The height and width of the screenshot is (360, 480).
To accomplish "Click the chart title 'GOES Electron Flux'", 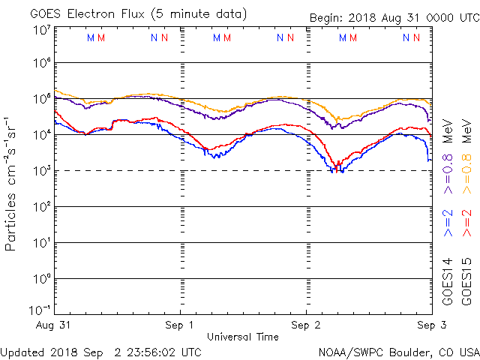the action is coord(87,14).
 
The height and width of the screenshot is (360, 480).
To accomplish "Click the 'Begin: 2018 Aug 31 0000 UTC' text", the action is coord(394,18).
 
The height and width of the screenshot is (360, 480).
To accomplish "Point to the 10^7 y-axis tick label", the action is coord(42,30).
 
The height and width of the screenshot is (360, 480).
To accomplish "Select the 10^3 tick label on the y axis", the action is coord(42,171).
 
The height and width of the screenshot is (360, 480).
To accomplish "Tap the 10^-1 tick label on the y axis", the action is coord(40,310).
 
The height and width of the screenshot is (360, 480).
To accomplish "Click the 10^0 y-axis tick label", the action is coord(42,278).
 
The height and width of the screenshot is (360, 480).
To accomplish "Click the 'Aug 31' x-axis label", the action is coord(53,325).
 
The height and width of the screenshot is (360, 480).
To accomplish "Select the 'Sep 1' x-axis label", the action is coord(179,325).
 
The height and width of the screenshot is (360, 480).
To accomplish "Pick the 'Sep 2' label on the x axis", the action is coord(305,325).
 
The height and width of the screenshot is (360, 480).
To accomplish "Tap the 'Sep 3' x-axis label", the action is coord(432,325).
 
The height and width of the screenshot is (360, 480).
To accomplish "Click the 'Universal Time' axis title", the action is coord(243,337).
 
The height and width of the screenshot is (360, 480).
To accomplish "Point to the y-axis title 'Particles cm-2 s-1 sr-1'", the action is coord(10,184).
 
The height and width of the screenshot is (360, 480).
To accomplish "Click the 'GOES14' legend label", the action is coord(447,282).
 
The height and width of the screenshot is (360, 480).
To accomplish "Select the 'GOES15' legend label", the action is coord(466,282).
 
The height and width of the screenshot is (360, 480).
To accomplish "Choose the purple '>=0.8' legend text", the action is coord(447,174).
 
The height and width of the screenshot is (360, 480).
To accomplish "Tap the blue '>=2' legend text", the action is coord(447,223).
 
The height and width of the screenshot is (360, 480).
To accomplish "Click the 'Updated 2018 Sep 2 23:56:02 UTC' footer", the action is coord(100,352).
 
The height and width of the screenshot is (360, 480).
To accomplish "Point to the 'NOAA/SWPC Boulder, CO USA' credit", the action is coord(399,352).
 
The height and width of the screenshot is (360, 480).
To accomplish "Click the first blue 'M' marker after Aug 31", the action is coord(91,38).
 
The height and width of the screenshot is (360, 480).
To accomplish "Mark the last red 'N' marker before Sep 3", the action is coord(416,37).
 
